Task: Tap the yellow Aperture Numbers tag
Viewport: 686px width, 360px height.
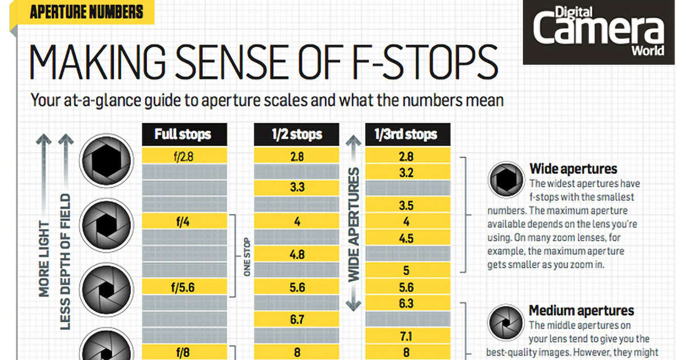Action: click(86, 11)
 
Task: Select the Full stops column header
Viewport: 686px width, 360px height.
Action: click(183, 135)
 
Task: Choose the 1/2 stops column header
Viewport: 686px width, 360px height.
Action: click(297, 135)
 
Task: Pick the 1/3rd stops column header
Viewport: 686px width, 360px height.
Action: click(406, 135)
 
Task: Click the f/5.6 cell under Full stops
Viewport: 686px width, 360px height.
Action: click(183, 287)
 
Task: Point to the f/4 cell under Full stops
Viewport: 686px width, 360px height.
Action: click(183, 221)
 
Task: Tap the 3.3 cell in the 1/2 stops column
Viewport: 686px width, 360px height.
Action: click(297, 187)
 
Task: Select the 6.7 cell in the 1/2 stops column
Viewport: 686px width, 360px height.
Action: click(297, 319)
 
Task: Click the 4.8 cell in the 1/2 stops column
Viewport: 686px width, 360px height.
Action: click(297, 254)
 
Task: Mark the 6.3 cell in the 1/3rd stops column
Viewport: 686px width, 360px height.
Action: click(406, 303)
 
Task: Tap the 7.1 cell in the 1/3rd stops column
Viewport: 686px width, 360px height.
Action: click(406, 336)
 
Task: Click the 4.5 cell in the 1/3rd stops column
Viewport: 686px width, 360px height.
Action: click(406, 238)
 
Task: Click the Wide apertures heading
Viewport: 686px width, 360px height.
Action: click(573, 169)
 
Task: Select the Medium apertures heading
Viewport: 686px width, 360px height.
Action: click(581, 311)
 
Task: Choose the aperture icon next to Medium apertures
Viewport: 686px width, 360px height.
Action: click(506, 322)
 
